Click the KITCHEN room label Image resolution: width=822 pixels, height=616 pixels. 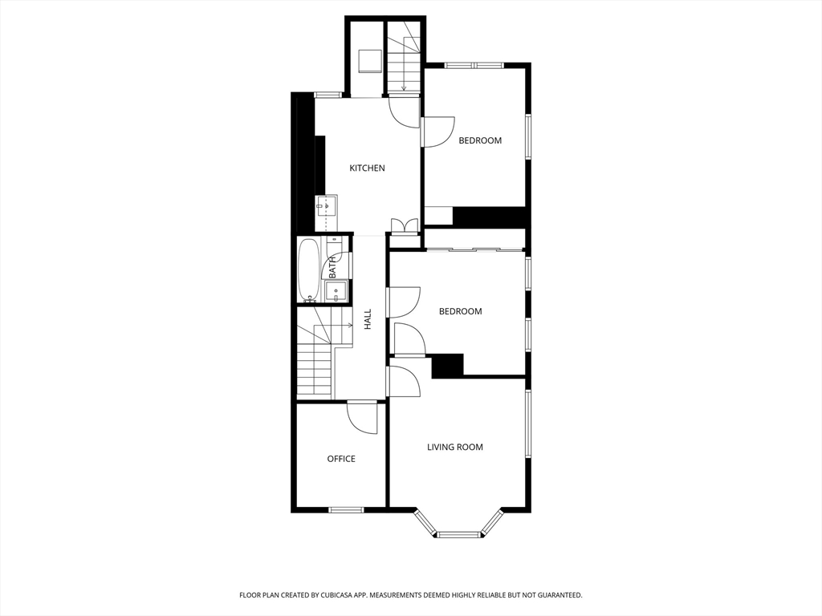[367, 168]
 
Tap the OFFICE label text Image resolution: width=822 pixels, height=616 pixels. [341, 459]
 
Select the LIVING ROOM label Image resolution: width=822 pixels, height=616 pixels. [455, 448]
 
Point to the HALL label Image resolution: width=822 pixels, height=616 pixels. [368, 319]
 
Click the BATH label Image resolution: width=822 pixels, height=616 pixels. [333, 268]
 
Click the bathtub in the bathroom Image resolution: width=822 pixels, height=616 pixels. [308, 270]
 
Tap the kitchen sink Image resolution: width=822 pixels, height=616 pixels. [326, 206]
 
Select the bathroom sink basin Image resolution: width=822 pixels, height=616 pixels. [336, 291]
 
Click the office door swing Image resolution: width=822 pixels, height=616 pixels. [362, 417]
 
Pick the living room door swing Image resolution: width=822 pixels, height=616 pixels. [405, 382]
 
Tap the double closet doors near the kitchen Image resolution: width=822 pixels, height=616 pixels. [405, 225]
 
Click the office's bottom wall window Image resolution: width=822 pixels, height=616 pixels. [346, 509]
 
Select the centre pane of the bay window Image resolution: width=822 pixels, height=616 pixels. [458, 535]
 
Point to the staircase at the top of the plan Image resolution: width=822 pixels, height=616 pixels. [404, 57]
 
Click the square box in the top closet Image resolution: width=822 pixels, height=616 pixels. [370, 61]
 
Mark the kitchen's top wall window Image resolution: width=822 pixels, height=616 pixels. [328, 95]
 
